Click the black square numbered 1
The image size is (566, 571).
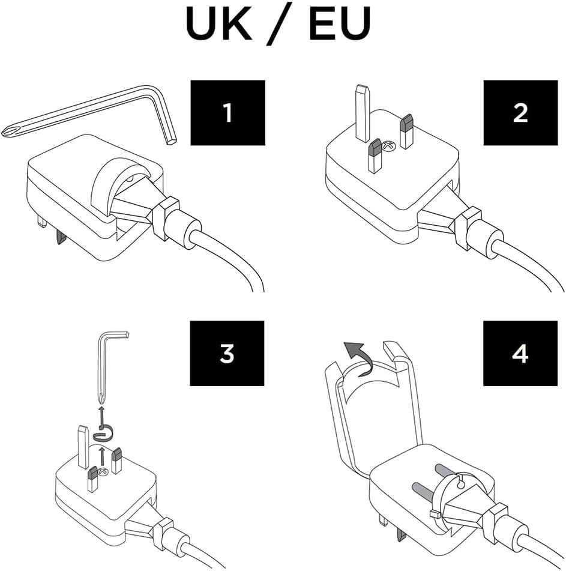tap(228, 112)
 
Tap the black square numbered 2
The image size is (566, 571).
tap(520, 112)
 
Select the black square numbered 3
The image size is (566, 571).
tap(227, 353)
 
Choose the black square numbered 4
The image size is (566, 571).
tap(520, 353)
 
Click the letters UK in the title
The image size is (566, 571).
tap(218, 23)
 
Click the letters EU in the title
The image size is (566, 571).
tap(340, 23)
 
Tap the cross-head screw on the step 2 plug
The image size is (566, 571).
tap(387, 146)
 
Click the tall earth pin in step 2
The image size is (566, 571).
tap(363, 113)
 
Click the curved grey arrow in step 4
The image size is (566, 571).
tap(358, 358)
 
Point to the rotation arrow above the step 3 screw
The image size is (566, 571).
tap(103, 433)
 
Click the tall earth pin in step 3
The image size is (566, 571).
tap(83, 447)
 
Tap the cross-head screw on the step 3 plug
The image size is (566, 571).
tap(103, 473)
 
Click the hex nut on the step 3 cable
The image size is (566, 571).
tap(163, 534)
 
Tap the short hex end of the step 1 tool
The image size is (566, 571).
tap(171, 140)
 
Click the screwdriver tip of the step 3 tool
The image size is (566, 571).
tap(101, 397)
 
